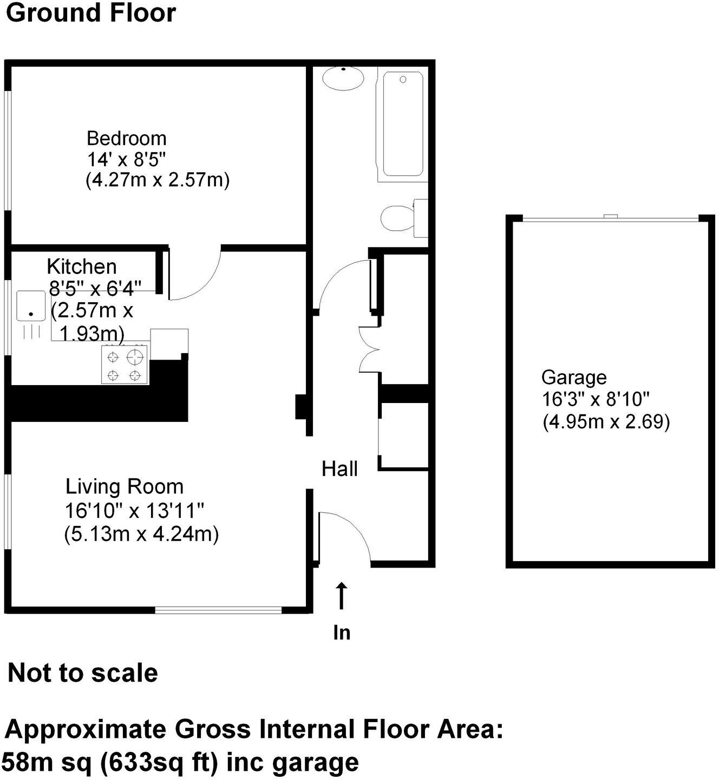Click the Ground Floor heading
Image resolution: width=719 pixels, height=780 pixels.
tap(91, 13)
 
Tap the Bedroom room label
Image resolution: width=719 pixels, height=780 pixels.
tap(126, 138)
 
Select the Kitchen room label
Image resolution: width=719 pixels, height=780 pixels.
tap(82, 266)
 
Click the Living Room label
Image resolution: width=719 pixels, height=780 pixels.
tap(125, 486)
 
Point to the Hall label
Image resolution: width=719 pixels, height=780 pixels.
tap(339, 469)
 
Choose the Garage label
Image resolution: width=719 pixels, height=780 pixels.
tap(574, 377)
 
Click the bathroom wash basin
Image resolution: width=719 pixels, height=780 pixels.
tap(343, 79)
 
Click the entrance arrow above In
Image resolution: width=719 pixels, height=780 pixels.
tap(341, 596)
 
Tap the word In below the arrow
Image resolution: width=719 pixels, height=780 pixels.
tap(342, 633)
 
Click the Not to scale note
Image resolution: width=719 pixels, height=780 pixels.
tap(83, 673)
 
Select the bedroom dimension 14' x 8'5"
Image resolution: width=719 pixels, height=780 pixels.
tap(126, 159)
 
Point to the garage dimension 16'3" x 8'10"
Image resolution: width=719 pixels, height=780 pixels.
tap(596, 399)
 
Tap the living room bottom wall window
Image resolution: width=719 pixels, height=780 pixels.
tap(218, 610)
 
